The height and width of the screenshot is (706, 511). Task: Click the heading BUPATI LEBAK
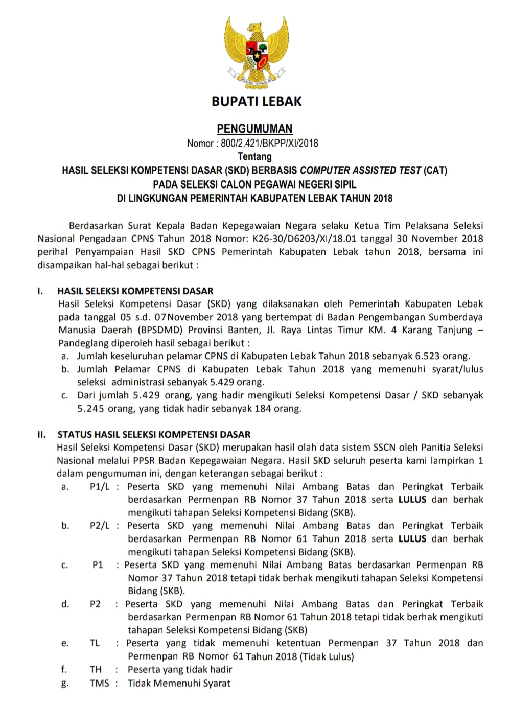257,101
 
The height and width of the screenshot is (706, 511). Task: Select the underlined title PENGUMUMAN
254,129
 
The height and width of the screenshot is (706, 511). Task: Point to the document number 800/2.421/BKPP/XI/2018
269,143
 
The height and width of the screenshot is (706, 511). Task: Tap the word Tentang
254,156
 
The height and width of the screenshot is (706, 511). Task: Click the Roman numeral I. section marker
40,291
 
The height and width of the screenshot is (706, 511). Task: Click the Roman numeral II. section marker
42,435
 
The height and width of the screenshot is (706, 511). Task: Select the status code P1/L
100,487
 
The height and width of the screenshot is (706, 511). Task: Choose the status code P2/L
100,526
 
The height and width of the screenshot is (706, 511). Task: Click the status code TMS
99,683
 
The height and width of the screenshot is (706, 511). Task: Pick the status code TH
96,669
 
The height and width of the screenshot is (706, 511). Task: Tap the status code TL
95,643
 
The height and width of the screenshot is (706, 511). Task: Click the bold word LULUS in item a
412,500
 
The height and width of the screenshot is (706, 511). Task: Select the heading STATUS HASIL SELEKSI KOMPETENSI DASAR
154,435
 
